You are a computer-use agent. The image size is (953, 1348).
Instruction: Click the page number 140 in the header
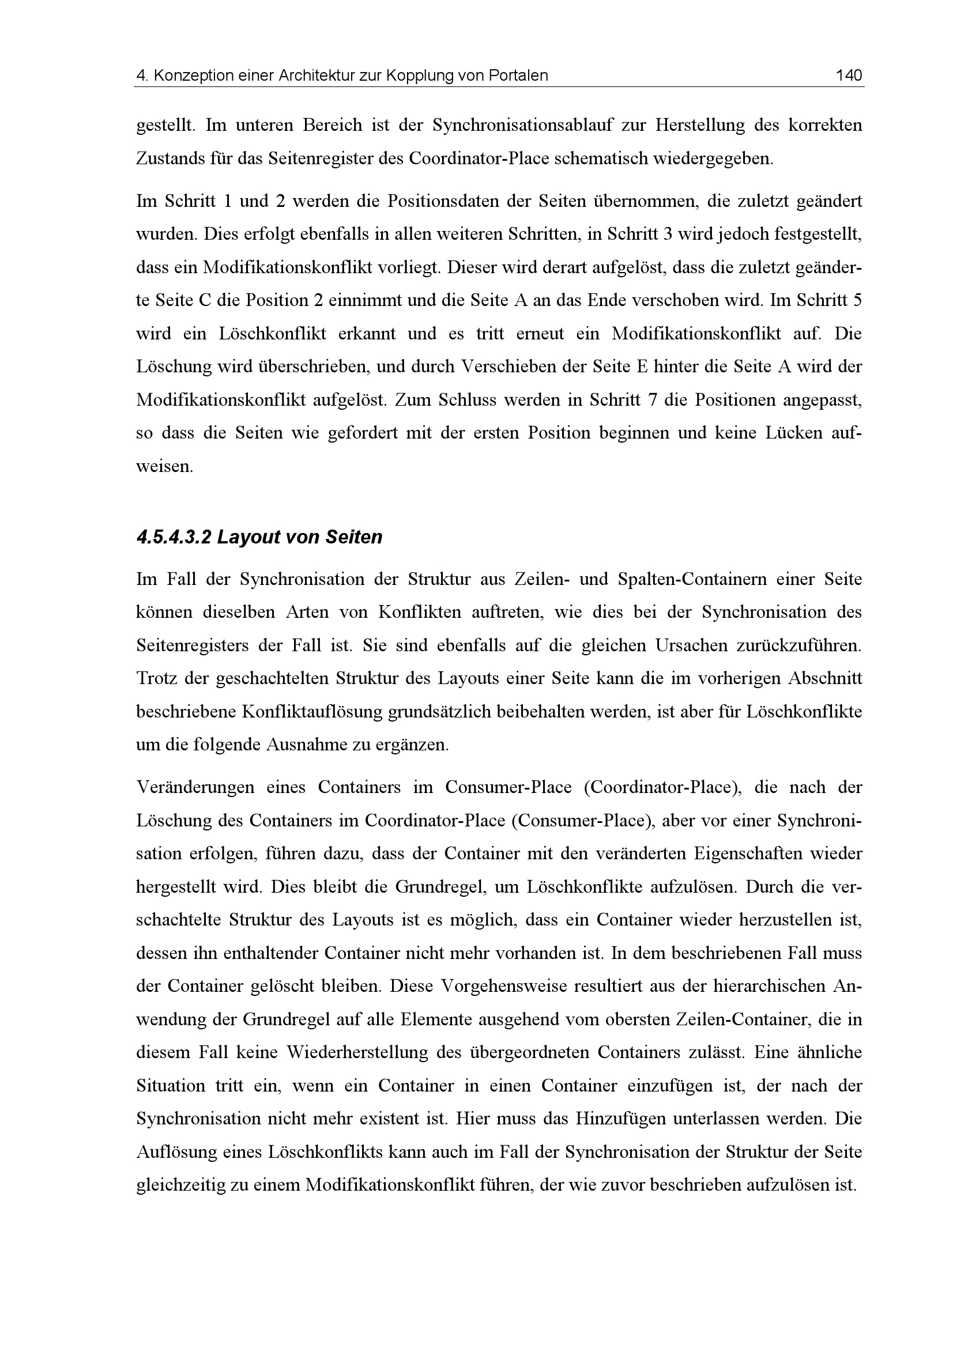point(849,75)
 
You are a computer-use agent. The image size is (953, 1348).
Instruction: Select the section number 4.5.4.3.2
point(173,537)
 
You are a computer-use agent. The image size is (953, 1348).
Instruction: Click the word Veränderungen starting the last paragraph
point(195,787)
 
